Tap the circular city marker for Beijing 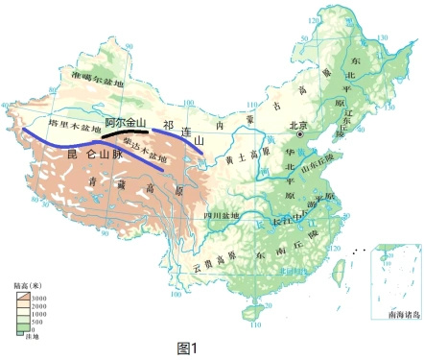(x=301, y=135)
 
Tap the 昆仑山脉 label (x=81, y=154)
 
